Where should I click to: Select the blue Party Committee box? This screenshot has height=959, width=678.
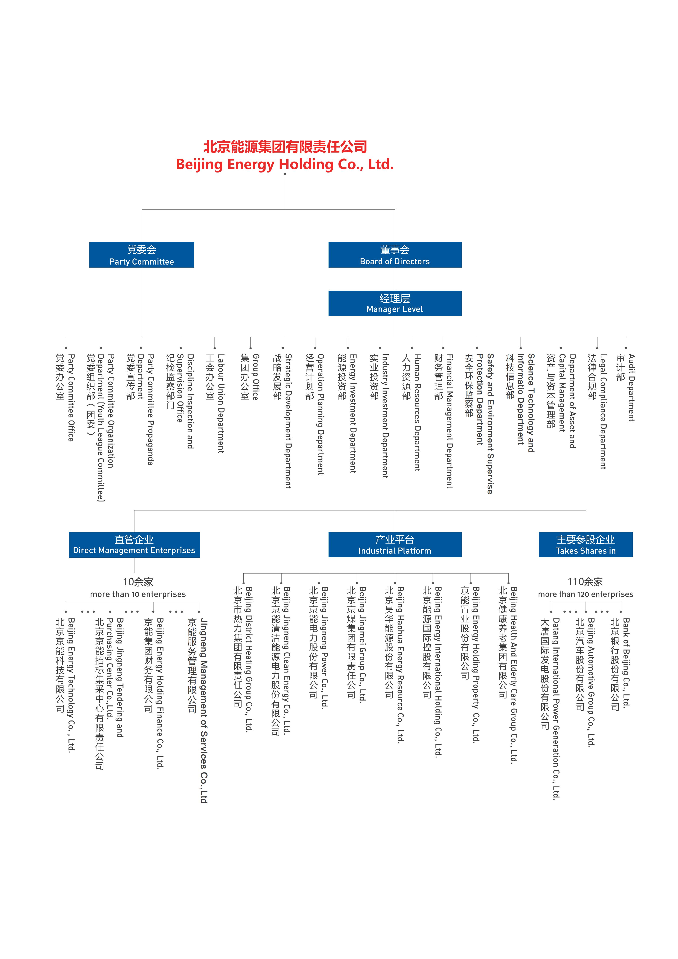pos(142,255)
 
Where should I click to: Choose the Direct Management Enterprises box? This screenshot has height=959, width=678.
pos(134,545)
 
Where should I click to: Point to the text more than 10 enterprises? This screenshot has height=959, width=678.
pos(138,594)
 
